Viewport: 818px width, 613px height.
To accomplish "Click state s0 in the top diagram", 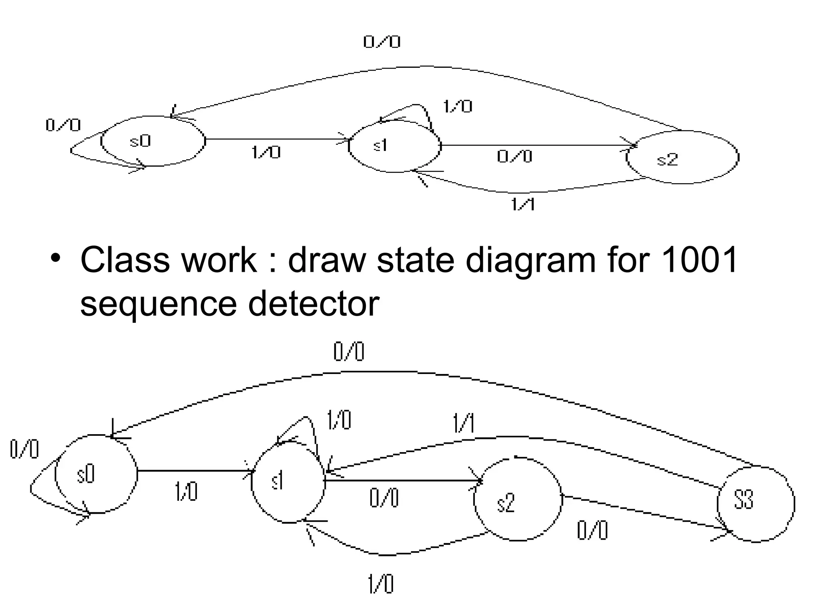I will point(153,141).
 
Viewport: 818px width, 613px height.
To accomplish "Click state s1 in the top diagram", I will point(395,146).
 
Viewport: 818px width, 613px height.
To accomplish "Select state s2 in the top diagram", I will point(682,157).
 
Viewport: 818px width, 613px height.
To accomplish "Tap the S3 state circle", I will point(756,504).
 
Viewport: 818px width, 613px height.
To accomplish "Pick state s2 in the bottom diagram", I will point(518,499).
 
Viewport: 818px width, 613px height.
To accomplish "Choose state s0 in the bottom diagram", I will point(96,474).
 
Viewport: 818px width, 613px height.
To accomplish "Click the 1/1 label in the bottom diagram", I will point(463,423).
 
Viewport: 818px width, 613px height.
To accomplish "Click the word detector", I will point(313,304).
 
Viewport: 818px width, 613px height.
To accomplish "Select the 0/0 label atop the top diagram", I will point(382,42).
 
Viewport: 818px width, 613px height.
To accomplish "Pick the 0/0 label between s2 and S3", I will point(592,531).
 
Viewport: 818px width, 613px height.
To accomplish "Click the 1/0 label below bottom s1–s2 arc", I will point(380,584).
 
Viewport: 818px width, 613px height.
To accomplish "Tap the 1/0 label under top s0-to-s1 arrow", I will point(266,152).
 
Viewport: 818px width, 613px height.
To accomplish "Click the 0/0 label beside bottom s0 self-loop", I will point(24,449).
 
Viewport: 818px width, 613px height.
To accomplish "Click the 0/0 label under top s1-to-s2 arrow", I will point(514,156).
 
